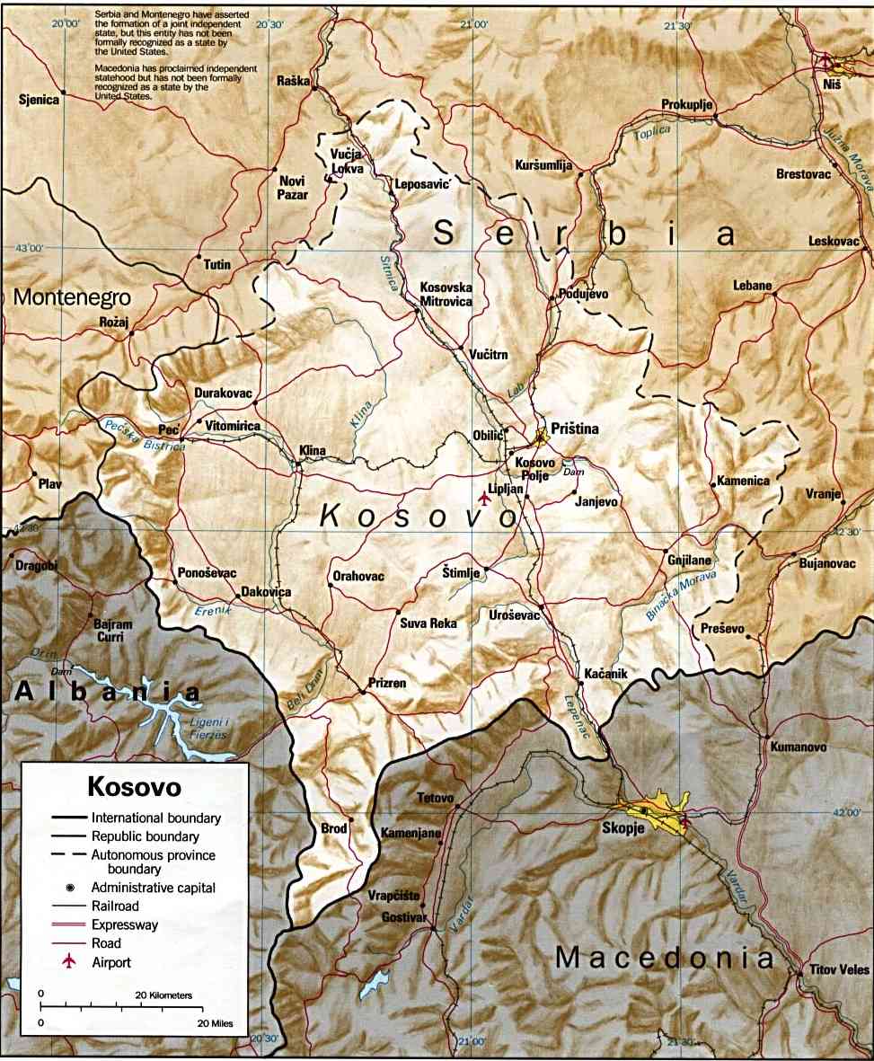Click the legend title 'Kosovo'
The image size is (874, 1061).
134,787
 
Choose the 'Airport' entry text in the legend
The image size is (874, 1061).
111,962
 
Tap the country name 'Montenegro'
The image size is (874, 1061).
72,297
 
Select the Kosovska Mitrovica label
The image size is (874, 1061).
446,295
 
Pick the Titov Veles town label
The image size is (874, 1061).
840,970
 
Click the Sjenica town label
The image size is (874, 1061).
38,100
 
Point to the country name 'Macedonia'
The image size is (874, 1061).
664,958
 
